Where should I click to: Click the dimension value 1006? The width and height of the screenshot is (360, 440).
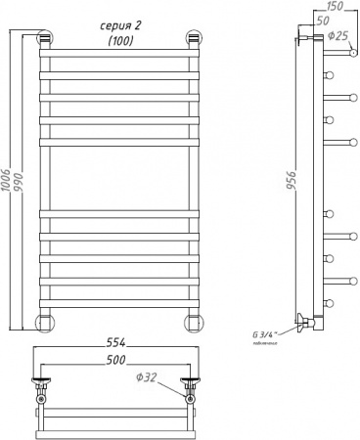[x=10, y=183]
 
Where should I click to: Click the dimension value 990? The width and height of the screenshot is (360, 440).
[x=23, y=185]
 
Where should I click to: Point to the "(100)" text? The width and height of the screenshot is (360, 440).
[x=119, y=41]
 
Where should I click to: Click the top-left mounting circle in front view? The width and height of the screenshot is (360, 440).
[x=44, y=40]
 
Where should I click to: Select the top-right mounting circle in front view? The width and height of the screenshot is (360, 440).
[x=193, y=40]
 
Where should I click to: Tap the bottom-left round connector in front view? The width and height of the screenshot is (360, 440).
[x=45, y=323]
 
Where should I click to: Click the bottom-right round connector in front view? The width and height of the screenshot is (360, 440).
[x=193, y=323]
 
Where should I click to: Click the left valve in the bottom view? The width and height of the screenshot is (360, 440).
[x=41, y=390]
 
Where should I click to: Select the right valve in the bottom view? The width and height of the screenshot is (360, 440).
[x=190, y=390]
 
